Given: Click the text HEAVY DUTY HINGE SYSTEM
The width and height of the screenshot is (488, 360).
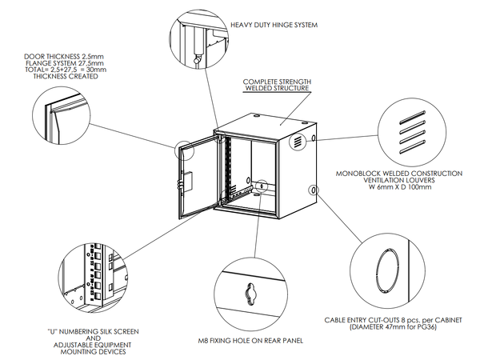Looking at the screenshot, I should tap(274, 25).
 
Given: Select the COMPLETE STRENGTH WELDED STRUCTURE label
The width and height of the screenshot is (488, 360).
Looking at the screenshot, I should tap(277, 86).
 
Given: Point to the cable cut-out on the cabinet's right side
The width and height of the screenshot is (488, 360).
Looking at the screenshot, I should tap(314, 190).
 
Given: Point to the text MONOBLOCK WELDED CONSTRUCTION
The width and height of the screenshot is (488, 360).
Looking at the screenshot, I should tap(398, 173).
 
